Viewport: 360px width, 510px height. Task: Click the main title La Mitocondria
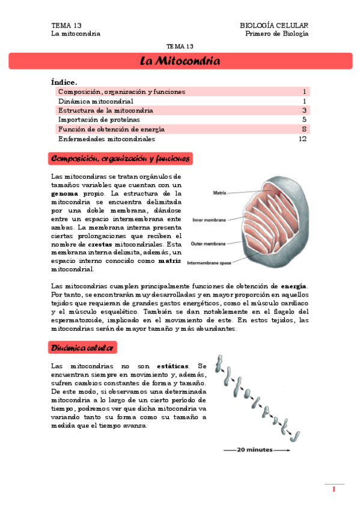pyautogui.click(x=180, y=61)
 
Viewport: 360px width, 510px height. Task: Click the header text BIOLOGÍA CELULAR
pyautogui.click(x=274, y=25)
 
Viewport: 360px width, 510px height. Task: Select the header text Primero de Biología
pyautogui.click(x=277, y=34)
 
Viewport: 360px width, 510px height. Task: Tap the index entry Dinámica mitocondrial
pyautogui.click(x=96, y=101)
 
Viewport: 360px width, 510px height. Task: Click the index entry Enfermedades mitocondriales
pyautogui.click(x=106, y=138)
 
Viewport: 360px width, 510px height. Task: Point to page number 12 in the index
pyautogui.click(x=303, y=138)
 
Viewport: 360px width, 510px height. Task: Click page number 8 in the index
pyautogui.click(x=305, y=129)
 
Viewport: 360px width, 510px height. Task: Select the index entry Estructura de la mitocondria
pyautogui.click(x=106, y=111)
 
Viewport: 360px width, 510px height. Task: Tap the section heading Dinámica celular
pyautogui.click(x=83, y=348)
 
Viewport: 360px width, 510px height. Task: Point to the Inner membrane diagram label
pyautogui.click(x=209, y=220)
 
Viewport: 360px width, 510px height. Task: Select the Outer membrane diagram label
pyautogui.click(x=209, y=244)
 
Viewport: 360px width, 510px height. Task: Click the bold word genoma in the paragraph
pyautogui.click(x=64, y=194)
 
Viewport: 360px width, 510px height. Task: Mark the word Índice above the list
pyautogui.click(x=64, y=82)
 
